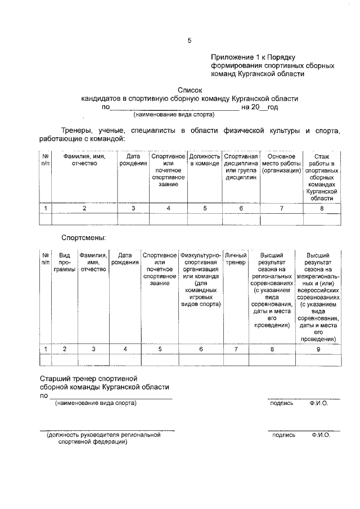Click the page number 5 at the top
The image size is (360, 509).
point(190,40)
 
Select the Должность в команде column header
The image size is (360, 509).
point(205,160)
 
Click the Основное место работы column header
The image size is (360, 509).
point(281,163)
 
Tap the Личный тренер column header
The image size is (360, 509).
point(236,259)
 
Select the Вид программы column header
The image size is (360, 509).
point(65,262)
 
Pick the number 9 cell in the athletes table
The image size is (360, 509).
point(318,349)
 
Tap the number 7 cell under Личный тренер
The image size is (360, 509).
point(236,349)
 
